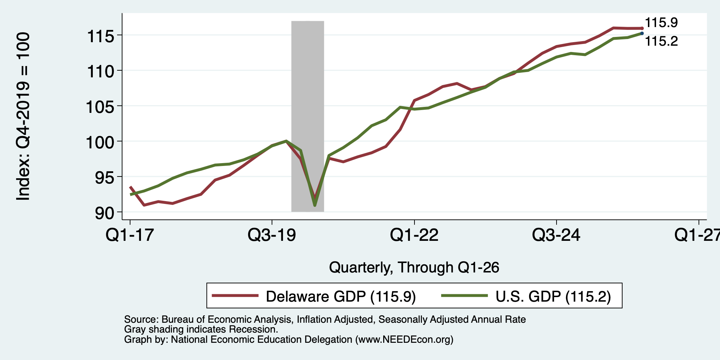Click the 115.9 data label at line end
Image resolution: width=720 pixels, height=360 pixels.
661,23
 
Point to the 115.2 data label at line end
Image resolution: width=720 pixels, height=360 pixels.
661,41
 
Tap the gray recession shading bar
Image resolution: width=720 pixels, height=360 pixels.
308,116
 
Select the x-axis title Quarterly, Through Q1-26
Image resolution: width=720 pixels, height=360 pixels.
414,268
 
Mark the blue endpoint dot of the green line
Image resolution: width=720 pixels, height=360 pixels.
642,33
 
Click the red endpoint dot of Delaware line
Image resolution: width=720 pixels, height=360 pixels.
642,28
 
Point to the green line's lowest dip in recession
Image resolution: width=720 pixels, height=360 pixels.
315,205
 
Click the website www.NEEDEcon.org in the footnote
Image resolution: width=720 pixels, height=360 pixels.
404,340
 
